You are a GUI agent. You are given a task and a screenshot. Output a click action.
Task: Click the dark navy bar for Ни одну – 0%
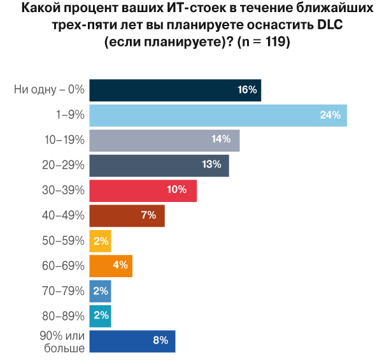pos(175,90)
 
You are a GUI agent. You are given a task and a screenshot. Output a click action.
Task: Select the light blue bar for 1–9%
pos(218,115)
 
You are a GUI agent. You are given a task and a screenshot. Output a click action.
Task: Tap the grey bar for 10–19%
pos(164,140)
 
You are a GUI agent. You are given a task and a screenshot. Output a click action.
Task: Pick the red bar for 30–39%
pos(143,191)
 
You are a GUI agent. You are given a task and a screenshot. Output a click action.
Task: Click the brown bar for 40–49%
pos(127,215)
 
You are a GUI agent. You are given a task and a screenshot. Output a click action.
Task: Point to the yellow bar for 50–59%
pos(100,240)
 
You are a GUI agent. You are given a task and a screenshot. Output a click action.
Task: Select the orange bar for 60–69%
pos(111,265)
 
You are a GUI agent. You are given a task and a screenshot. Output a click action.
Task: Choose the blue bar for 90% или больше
pos(132,340)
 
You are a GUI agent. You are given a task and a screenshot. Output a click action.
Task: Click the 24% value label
pos(331,115)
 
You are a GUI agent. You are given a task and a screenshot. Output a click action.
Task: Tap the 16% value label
pos(247,90)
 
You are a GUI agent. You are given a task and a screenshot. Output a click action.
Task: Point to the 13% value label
pos(211,165)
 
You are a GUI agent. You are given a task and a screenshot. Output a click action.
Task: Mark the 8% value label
pos(160,340)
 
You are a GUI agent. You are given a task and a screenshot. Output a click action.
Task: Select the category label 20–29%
pos(64,165)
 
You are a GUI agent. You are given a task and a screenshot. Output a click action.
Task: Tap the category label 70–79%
pos(64,291)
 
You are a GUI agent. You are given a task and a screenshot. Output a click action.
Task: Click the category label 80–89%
pos(64,315)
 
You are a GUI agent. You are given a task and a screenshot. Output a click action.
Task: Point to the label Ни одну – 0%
pos(50,90)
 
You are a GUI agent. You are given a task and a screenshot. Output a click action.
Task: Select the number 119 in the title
pos(275,43)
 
